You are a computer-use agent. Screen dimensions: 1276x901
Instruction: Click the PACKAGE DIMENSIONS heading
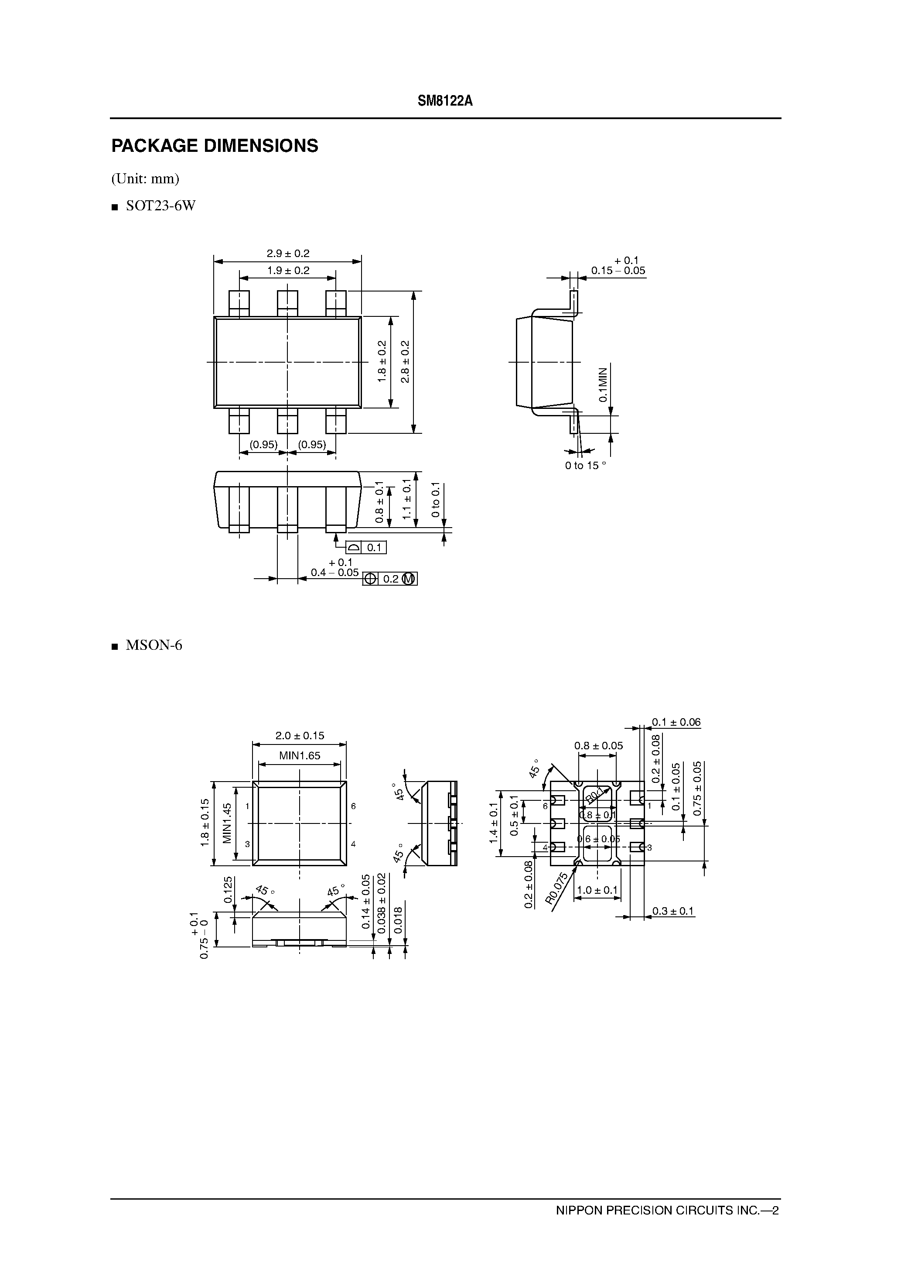click(x=215, y=146)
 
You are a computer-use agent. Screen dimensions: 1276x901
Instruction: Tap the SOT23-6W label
click(x=160, y=206)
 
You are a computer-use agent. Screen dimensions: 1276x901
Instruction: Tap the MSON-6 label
click(x=154, y=645)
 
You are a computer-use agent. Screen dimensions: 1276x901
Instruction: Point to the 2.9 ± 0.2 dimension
click(x=288, y=254)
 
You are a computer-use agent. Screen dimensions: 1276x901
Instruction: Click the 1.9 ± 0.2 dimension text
click(x=288, y=271)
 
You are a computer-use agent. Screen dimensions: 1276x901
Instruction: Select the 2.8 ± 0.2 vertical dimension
click(x=405, y=362)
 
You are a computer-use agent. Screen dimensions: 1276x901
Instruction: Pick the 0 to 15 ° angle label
click(x=585, y=466)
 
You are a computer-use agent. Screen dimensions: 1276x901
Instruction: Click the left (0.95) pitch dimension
click(x=263, y=444)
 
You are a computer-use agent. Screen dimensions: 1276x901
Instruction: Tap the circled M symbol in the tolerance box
click(x=408, y=579)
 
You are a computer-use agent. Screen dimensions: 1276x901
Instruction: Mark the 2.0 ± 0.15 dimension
click(x=300, y=736)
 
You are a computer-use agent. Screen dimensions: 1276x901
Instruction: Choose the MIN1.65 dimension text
click(x=300, y=756)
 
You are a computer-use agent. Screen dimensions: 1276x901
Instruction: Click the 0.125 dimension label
click(x=228, y=890)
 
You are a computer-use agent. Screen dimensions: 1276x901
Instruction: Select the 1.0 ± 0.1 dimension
click(x=597, y=890)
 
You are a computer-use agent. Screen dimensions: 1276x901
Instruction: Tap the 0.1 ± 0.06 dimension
click(x=676, y=723)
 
